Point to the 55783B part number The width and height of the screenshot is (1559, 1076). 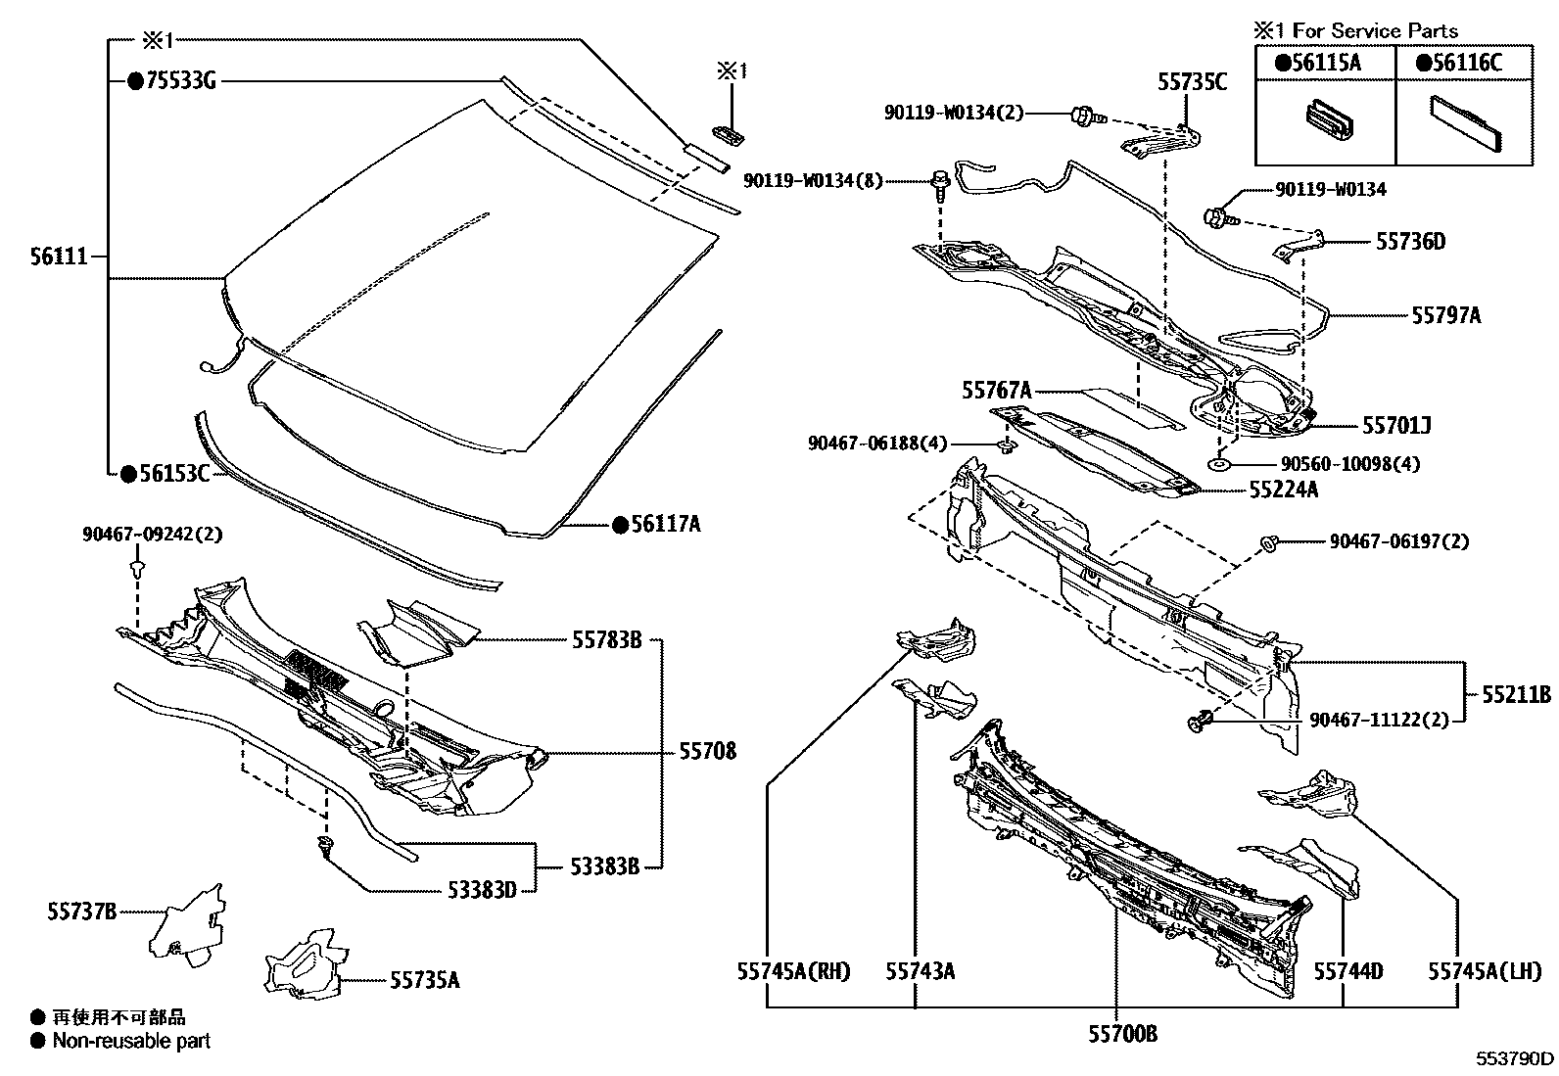[606, 640]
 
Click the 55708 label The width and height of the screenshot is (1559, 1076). [707, 753]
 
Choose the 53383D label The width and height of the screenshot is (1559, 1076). [482, 890]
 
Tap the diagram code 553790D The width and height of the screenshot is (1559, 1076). [1515, 1058]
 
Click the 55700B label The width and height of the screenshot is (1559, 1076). [1122, 1033]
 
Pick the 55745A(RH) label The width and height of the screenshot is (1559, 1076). [794, 972]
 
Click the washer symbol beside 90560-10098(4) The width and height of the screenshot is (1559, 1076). [1219, 464]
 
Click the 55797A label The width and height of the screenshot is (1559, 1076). [1445, 315]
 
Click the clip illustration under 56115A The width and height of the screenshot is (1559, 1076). [1325, 121]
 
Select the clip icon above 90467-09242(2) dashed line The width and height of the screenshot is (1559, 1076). [137, 568]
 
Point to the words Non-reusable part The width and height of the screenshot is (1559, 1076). [131, 1042]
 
